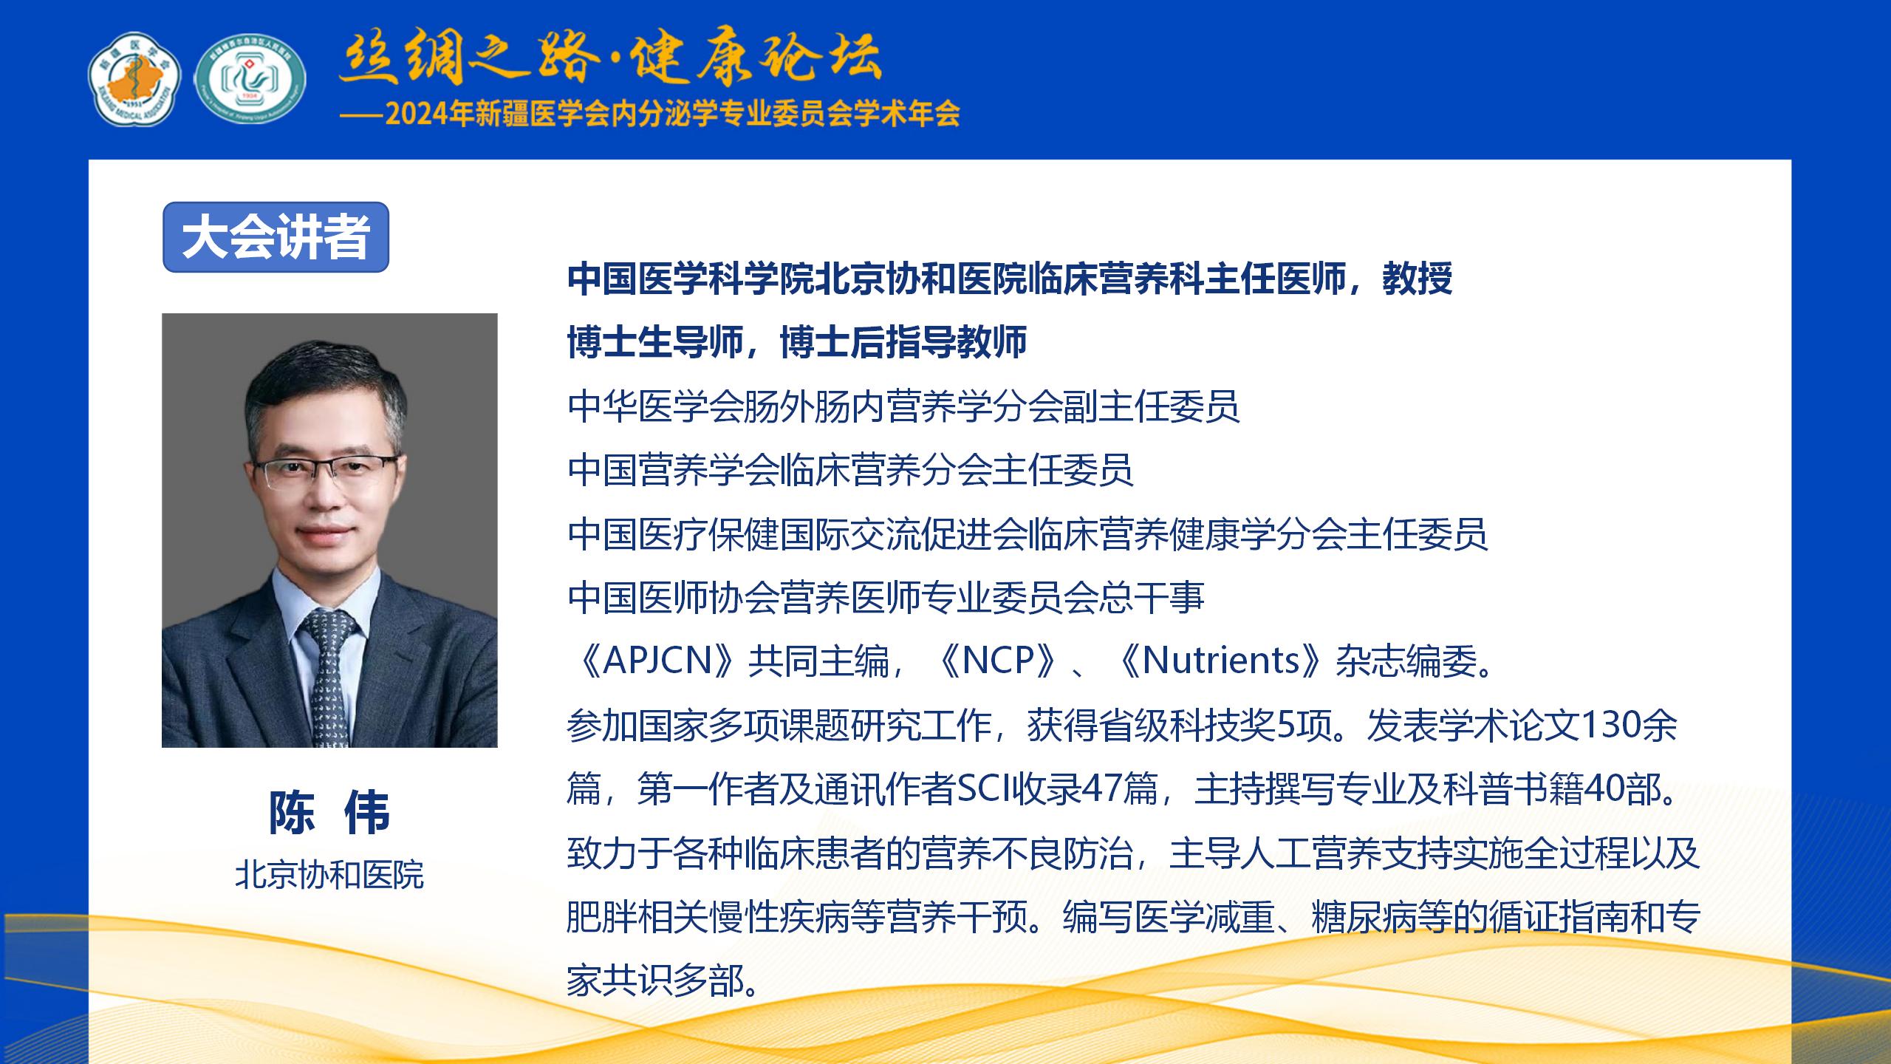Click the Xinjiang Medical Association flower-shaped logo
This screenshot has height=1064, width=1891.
(134, 78)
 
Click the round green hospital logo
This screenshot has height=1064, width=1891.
(250, 78)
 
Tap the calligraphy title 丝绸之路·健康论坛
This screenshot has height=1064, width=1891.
(610, 57)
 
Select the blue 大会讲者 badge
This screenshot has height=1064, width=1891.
(276, 237)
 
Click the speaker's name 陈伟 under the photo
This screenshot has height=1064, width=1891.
(329, 812)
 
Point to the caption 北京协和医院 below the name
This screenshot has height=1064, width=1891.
(329, 875)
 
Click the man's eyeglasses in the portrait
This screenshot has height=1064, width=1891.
(325, 471)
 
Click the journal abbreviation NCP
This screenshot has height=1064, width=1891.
(997, 660)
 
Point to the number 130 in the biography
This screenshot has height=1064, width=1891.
(1610, 725)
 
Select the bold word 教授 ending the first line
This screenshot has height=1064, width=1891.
(1418, 279)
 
